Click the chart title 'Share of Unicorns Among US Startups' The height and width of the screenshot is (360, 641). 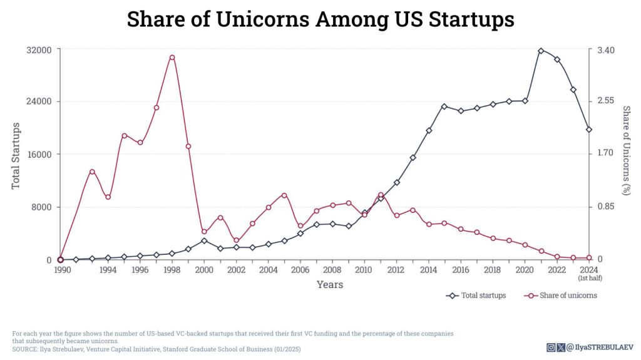320,19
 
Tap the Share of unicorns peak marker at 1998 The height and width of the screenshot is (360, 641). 172,57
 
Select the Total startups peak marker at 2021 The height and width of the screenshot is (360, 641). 541,50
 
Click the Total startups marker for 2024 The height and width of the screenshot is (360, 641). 589,130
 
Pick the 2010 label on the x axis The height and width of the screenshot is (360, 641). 364,270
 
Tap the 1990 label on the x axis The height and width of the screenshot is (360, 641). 61,270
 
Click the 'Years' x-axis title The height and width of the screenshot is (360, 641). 329,285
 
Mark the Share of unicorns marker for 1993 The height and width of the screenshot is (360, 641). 92,172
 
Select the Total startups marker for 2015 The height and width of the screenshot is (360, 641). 444,106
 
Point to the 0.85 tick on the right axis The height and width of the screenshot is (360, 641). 605,207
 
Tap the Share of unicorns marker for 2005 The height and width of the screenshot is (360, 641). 284,195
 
